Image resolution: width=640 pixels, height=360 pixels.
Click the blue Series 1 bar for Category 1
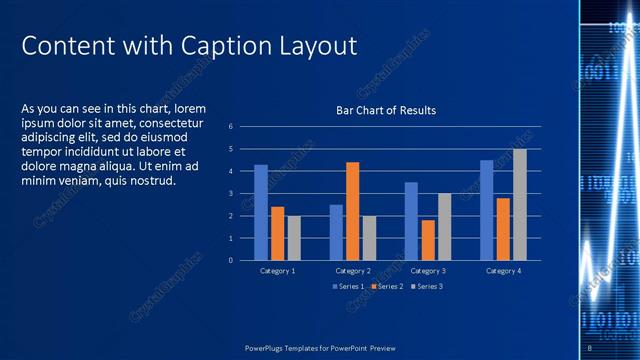(261, 212)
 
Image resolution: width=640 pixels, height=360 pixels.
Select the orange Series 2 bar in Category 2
(352, 211)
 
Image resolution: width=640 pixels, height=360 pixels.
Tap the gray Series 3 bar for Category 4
(519, 205)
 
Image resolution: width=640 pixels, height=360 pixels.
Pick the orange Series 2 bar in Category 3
(428, 240)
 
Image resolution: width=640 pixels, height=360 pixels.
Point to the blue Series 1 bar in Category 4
(486, 210)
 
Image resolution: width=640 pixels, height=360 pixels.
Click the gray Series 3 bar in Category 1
(294, 238)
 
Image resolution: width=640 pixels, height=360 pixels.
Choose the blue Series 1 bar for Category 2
(336, 232)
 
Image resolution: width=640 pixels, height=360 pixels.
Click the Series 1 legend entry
(348, 286)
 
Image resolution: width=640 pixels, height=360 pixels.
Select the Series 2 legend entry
(389, 286)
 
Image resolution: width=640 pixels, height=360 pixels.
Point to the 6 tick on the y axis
(231, 127)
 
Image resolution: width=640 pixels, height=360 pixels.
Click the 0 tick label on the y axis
(231, 260)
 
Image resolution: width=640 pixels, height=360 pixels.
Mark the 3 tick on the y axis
(231, 194)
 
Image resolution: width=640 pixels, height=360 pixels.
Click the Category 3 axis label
(428, 271)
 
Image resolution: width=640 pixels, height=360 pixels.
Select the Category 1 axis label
(277, 271)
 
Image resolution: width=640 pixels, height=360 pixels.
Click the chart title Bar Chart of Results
(385, 110)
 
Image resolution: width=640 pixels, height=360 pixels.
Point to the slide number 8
(590, 347)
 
